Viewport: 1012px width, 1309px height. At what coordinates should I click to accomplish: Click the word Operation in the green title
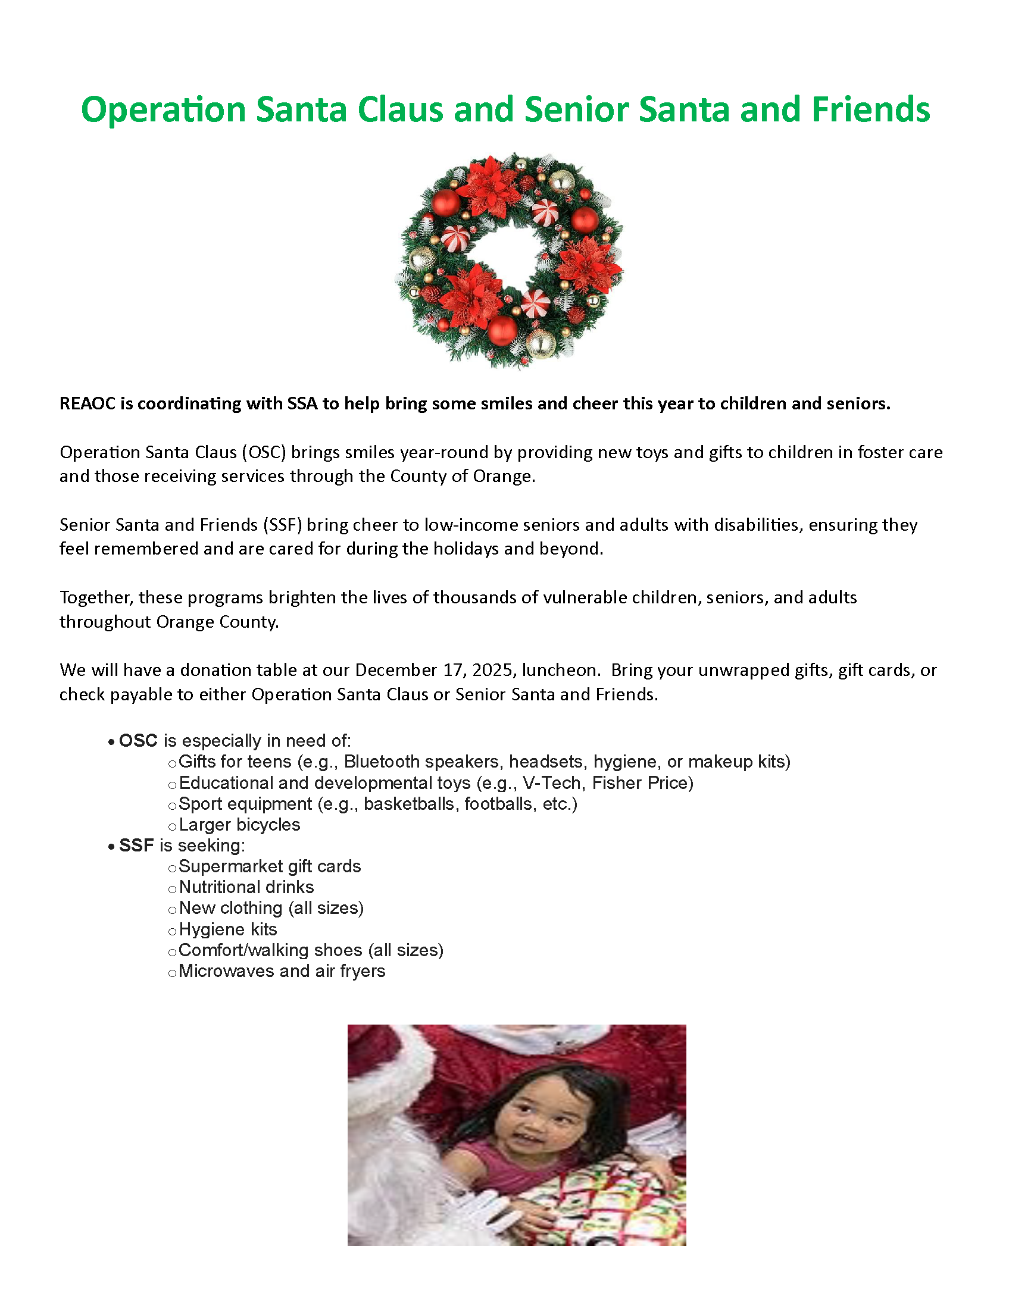pyautogui.click(x=163, y=110)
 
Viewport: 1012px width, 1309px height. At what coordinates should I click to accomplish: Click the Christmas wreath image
pyautogui.click(x=510, y=261)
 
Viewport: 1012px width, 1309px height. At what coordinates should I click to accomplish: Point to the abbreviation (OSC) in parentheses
pyautogui.click(x=264, y=452)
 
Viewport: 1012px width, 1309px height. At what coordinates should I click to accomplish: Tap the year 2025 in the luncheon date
pyautogui.click(x=494, y=669)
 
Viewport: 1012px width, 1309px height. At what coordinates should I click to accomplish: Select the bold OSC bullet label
pyautogui.click(x=138, y=741)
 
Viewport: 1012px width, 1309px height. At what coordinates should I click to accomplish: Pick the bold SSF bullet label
pyautogui.click(x=136, y=845)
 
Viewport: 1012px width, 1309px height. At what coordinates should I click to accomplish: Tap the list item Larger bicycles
pyautogui.click(x=239, y=825)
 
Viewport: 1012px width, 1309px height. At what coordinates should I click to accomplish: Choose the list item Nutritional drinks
pyautogui.click(x=246, y=887)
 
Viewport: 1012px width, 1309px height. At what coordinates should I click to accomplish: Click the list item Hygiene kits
pyautogui.click(x=228, y=929)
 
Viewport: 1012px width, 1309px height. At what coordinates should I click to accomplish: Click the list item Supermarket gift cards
pyautogui.click(x=270, y=866)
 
